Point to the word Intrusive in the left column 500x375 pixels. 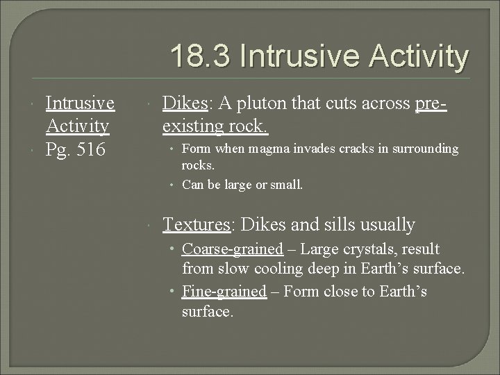(80, 103)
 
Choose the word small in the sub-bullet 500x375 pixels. (287, 185)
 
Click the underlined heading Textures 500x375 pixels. (197, 224)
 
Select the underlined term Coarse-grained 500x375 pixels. (232, 249)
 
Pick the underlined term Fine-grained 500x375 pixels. (224, 291)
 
